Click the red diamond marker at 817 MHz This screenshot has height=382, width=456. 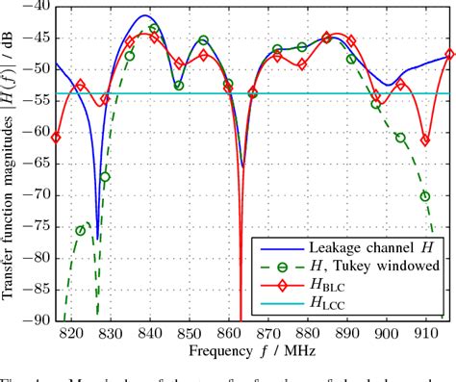click(57, 138)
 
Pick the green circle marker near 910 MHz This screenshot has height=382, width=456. click(424, 196)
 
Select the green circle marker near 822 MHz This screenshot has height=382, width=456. click(81, 231)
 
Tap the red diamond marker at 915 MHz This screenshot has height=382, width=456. click(448, 55)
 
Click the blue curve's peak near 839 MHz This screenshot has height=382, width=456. click(144, 15)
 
